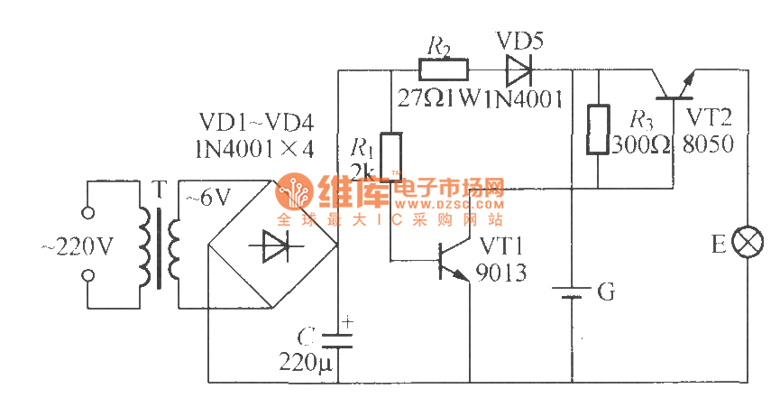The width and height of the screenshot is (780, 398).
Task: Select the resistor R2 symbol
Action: [x=443, y=69]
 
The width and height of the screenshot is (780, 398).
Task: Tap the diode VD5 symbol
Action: [x=518, y=69]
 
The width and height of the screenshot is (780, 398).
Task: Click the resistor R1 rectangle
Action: [x=390, y=156]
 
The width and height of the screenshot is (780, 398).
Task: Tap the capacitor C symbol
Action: [x=337, y=340]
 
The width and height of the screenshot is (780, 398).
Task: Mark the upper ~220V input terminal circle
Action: [x=88, y=215]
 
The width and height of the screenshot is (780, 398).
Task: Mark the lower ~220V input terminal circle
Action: [x=88, y=274]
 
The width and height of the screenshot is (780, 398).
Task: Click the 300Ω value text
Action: [x=642, y=144]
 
